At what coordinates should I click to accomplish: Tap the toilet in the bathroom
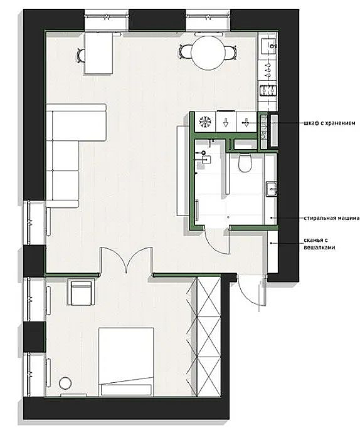coord(245,163)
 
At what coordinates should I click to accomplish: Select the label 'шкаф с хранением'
coord(329,123)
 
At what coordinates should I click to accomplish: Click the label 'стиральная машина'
coord(332,218)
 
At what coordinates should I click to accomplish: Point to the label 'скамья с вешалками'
coord(320,244)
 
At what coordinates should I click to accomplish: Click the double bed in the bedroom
coord(126,362)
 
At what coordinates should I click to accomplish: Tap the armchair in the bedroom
coord(82,291)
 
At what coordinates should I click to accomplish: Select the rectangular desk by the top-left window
coord(98,53)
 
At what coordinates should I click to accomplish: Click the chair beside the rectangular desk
coord(81,55)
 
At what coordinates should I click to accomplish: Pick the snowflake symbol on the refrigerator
coord(205,122)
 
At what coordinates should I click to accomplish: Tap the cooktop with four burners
coord(268,91)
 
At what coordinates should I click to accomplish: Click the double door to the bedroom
coord(126,260)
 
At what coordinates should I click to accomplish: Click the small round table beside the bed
coord(65,383)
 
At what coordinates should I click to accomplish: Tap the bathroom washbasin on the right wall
coord(272,189)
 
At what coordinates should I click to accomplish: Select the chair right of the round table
coord(230,53)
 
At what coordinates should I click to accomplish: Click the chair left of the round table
coord(185,52)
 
